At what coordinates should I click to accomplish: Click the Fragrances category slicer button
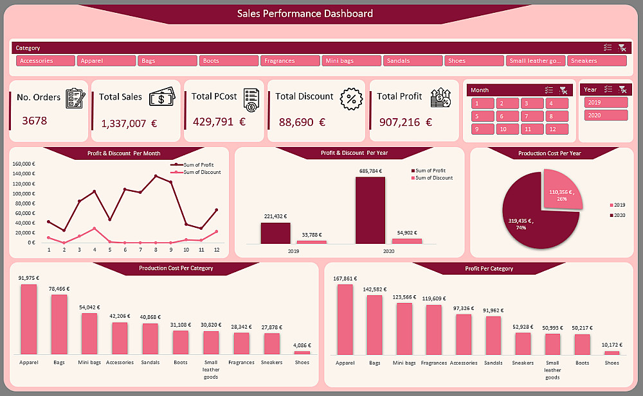[x=291, y=61]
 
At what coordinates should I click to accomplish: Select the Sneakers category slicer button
[x=597, y=61]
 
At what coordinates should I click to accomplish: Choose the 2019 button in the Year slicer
[x=606, y=103]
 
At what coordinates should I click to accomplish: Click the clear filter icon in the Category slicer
[x=622, y=47]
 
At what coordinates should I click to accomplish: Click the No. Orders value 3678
[x=34, y=120]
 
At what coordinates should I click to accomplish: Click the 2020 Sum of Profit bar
[x=370, y=210]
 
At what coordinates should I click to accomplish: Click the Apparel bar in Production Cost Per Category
[x=29, y=319]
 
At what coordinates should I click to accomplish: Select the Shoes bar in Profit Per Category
[x=611, y=352]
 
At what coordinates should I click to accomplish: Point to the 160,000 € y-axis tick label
[x=24, y=164]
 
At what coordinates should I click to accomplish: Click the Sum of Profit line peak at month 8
[x=156, y=176]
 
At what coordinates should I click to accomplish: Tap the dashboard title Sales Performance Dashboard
[x=305, y=13]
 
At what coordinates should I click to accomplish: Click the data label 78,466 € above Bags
[x=59, y=289]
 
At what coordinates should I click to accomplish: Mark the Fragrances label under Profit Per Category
[x=434, y=363]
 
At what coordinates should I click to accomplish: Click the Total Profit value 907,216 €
[x=405, y=122]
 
